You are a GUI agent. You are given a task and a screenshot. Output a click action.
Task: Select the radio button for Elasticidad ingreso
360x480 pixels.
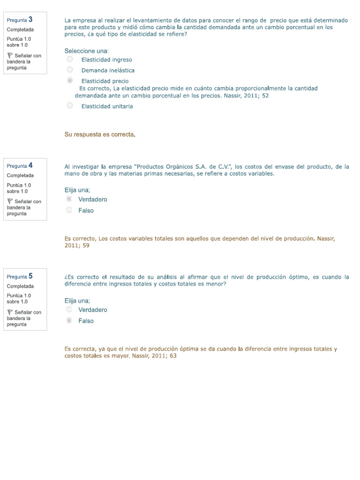[x=70, y=59]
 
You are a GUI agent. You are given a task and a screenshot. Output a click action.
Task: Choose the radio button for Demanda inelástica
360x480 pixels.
[x=70, y=70]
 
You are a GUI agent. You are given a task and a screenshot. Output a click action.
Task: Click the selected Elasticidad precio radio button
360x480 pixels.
[x=70, y=81]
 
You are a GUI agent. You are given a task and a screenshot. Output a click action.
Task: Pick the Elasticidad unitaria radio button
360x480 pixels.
[x=70, y=106]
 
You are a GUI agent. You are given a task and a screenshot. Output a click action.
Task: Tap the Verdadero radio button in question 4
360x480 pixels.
[x=69, y=199]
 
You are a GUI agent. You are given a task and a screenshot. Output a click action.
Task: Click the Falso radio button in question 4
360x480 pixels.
[x=69, y=210]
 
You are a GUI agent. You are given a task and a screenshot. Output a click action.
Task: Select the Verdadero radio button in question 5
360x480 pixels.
[x=69, y=310]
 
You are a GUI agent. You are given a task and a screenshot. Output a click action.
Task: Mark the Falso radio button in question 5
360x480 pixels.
[x=69, y=321]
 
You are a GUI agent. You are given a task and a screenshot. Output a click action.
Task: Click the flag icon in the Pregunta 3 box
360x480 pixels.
[x=10, y=56]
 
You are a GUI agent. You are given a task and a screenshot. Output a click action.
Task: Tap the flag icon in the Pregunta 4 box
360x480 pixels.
[x=10, y=202]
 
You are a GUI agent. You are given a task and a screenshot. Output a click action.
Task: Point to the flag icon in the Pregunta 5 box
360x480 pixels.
[x=10, y=312]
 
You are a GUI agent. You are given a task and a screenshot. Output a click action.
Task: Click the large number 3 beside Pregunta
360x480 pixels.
[x=30, y=20]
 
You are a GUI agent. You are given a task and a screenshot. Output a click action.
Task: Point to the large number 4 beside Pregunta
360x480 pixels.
[x=30, y=165]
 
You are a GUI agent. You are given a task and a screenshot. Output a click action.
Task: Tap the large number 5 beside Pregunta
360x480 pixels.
[x=30, y=276]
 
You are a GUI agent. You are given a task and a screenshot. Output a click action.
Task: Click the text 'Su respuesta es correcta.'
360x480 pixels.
[x=100, y=135]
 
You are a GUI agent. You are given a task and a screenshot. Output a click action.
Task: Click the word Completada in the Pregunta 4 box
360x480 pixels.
[x=20, y=176]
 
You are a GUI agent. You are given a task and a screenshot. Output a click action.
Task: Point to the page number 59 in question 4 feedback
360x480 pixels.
[x=86, y=245]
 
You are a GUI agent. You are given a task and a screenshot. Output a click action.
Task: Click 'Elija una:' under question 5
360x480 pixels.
[x=77, y=301]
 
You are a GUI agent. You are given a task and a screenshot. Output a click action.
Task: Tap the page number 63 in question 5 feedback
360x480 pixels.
[x=173, y=356]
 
